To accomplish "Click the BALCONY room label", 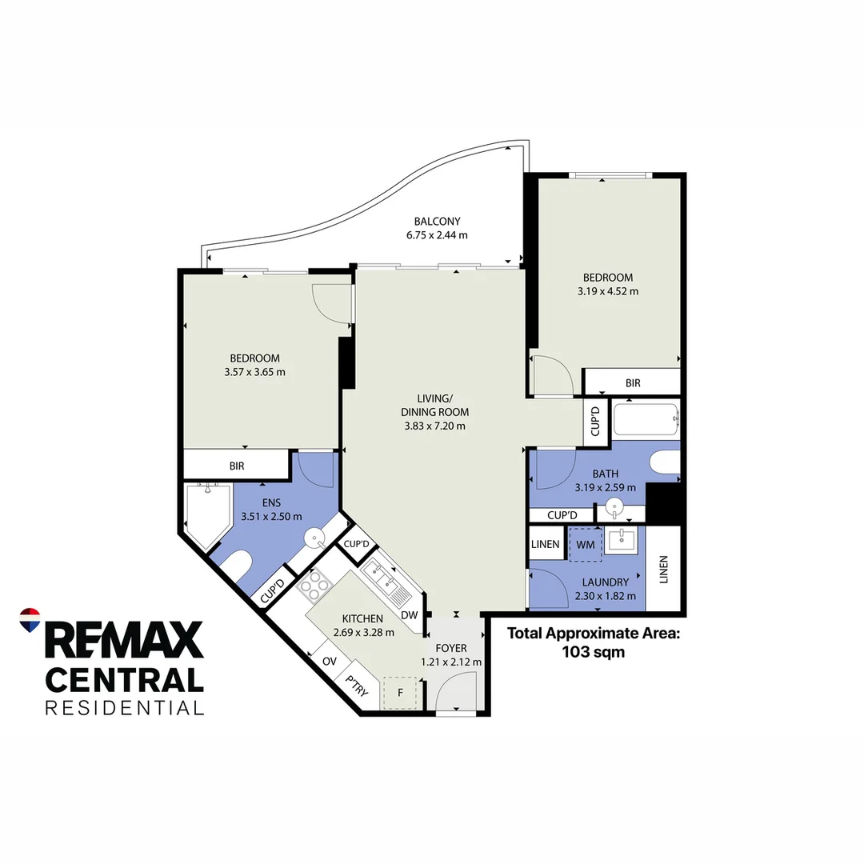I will (x=437, y=222).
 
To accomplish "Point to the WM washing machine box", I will (x=585, y=544).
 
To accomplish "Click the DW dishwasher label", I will (x=409, y=615).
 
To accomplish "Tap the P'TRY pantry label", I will (x=356, y=686).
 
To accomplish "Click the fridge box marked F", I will (x=400, y=693).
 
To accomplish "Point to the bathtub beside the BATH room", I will (x=645, y=419).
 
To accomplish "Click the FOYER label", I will (x=452, y=648).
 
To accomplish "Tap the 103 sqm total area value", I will (x=592, y=652).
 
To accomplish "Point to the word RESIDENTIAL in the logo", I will (x=124, y=707).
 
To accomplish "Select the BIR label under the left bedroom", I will (x=236, y=466).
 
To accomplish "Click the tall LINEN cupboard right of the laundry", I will (x=663, y=569).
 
